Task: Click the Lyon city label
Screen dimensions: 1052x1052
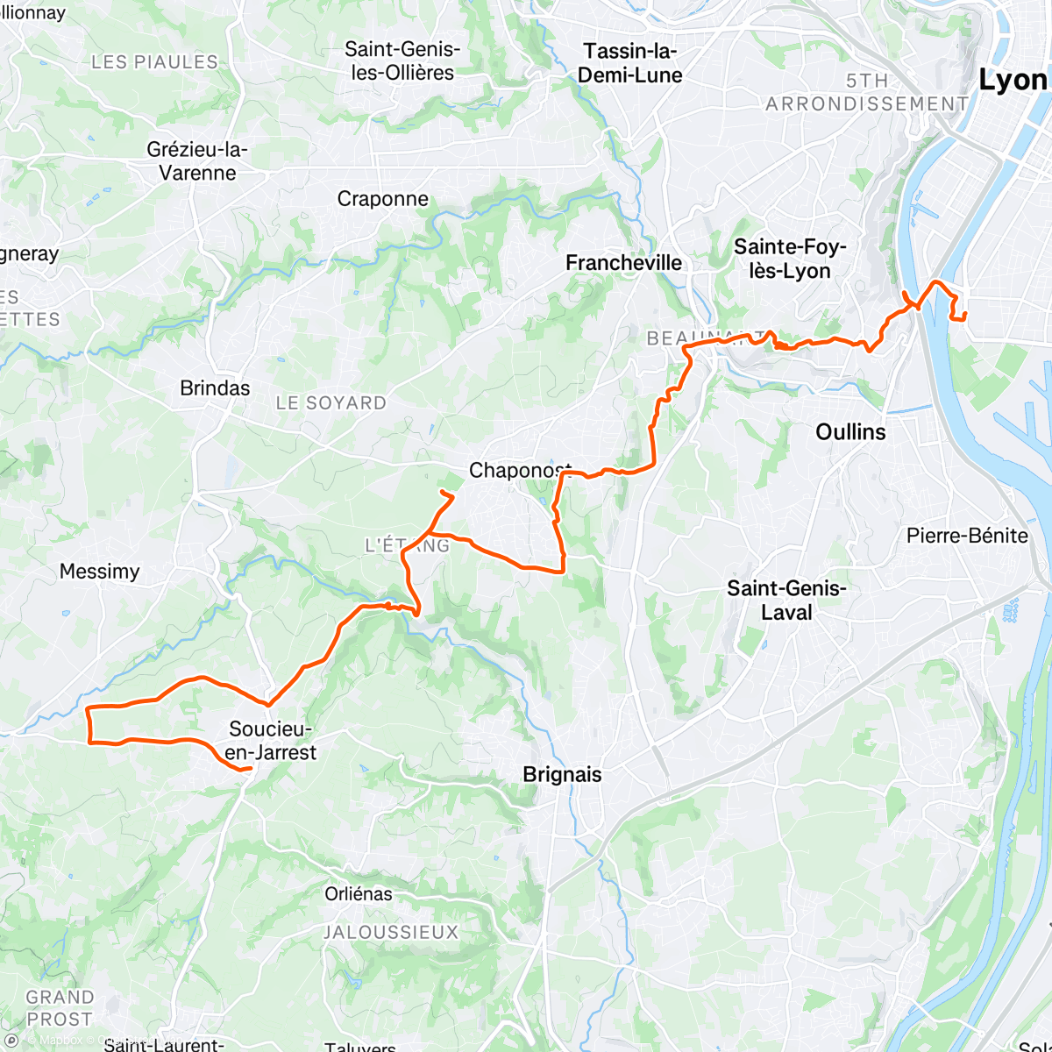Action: (x=1013, y=81)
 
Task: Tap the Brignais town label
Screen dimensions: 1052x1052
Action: (x=562, y=774)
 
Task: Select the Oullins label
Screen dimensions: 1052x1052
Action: (x=850, y=431)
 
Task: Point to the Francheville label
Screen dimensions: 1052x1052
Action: (x=623, y=263)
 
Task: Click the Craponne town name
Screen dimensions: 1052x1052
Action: (x=383, y=199)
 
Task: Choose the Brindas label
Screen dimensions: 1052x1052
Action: (x=215, y=387)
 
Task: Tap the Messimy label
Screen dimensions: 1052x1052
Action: (x=99, y=572)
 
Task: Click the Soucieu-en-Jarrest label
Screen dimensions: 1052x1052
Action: (x=272, y=740)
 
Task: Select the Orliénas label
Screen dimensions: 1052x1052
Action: (x=359, y=894)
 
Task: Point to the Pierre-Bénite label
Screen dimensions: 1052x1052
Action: (x=967, y=536)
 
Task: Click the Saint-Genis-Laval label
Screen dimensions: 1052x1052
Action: (x=786, y=601)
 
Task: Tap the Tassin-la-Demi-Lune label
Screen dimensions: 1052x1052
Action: (x=629, y=63)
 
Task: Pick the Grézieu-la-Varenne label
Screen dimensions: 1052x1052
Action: (x=197, y=161)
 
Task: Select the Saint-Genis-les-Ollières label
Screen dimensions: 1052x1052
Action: (x=403, y=60)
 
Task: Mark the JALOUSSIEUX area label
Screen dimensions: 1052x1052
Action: (x=391, y=932)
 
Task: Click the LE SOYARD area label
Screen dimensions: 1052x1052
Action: (x=331, y=403)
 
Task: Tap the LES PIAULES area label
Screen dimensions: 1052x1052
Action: (x=154, y=62)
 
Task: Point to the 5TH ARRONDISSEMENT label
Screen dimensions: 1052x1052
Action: (x=867, y=92)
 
